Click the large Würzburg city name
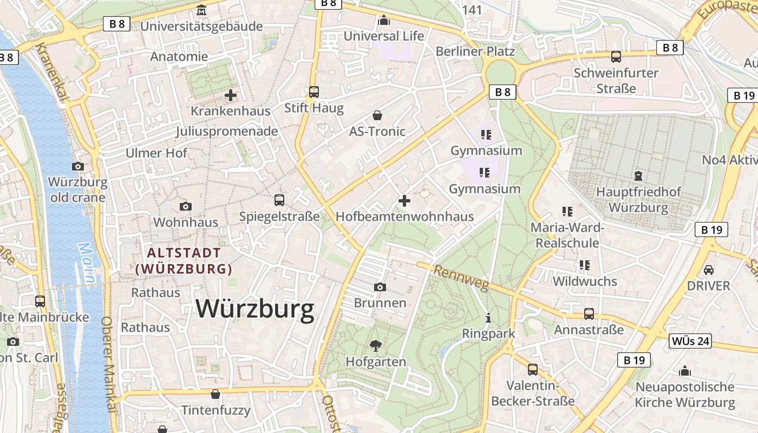pyautogui.click(x=255, y=309)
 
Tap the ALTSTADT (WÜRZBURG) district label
pyautogui.click(x=184, y=261)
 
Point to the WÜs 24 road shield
pyautogui.click(x=690, y=341)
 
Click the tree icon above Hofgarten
pyautogui.click(x=375, y=345)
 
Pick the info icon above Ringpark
pyautogui.click(x=488, y=318)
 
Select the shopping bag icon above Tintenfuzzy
pyautogui.click(x=215, y=394)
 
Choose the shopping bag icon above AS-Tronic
pyautogui.click(x=377, y=115)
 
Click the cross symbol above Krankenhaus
pyautogui.click(x=231, y=95)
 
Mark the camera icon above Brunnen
pyautogui.click(x=380, y=287)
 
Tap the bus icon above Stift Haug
pyautogui.click(x=314, y=92)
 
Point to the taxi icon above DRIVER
pyautogui.click(x=708, y=270)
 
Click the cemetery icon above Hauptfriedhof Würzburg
pyautogui.click(x=638, y=175)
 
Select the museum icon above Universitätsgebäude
pyautogui.click(x=201, y=10)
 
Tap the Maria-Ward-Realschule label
pyautogui.click(x=567, y=235)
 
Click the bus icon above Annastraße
pyautogui.click(x=589, y=314)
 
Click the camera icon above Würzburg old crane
pyautogui.click(x=78, y=166)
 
